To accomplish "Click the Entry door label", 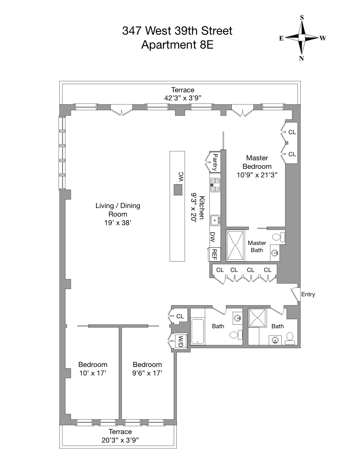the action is point(308,294).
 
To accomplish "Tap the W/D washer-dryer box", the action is point(180,341).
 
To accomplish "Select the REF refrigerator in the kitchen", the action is point(215,254).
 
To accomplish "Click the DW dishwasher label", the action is point(213,237).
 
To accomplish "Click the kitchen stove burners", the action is point(215,185).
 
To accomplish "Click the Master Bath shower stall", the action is point(235,245).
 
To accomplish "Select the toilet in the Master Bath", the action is point(279,237).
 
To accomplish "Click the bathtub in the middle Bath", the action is point(198,332).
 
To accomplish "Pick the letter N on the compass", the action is point(301,59).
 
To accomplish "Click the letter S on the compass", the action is point(302,18).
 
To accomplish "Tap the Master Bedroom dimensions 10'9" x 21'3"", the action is point(257,175).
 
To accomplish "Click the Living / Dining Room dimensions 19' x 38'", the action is point(118,222).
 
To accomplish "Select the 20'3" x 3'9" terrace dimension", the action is point(120,440).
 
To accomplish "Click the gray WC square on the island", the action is point(178,190).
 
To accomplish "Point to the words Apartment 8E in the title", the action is point(177,45).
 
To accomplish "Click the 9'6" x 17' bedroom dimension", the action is point(147,373).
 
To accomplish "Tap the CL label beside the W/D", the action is point(180,316).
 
